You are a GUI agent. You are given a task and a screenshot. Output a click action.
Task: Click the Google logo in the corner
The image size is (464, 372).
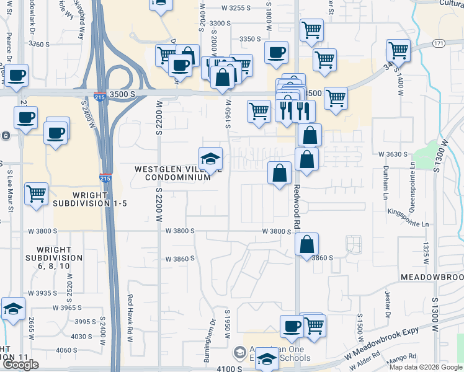click(x=20, y=365)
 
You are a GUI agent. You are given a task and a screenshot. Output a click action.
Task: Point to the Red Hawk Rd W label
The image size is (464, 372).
click(x=130, y=316)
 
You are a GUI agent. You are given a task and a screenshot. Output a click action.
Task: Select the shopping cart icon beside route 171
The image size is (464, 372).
click(x=398, y=51)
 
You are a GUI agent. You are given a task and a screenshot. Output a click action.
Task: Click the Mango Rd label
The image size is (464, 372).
click(x=403, y=357)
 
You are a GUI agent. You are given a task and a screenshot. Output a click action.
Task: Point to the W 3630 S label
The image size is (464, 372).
click(x=391, y=154)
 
